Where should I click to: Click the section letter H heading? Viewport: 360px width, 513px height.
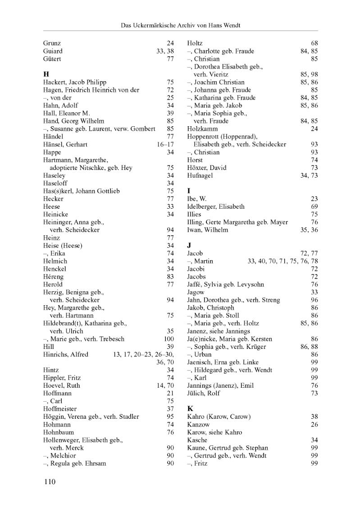point(46,74)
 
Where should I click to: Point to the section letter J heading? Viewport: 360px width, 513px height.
point(189,245)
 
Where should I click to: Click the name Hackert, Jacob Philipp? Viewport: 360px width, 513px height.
point(75,82)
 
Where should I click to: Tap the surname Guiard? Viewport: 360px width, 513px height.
point(53,51)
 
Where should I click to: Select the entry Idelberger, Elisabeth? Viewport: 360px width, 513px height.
point(216,206)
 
